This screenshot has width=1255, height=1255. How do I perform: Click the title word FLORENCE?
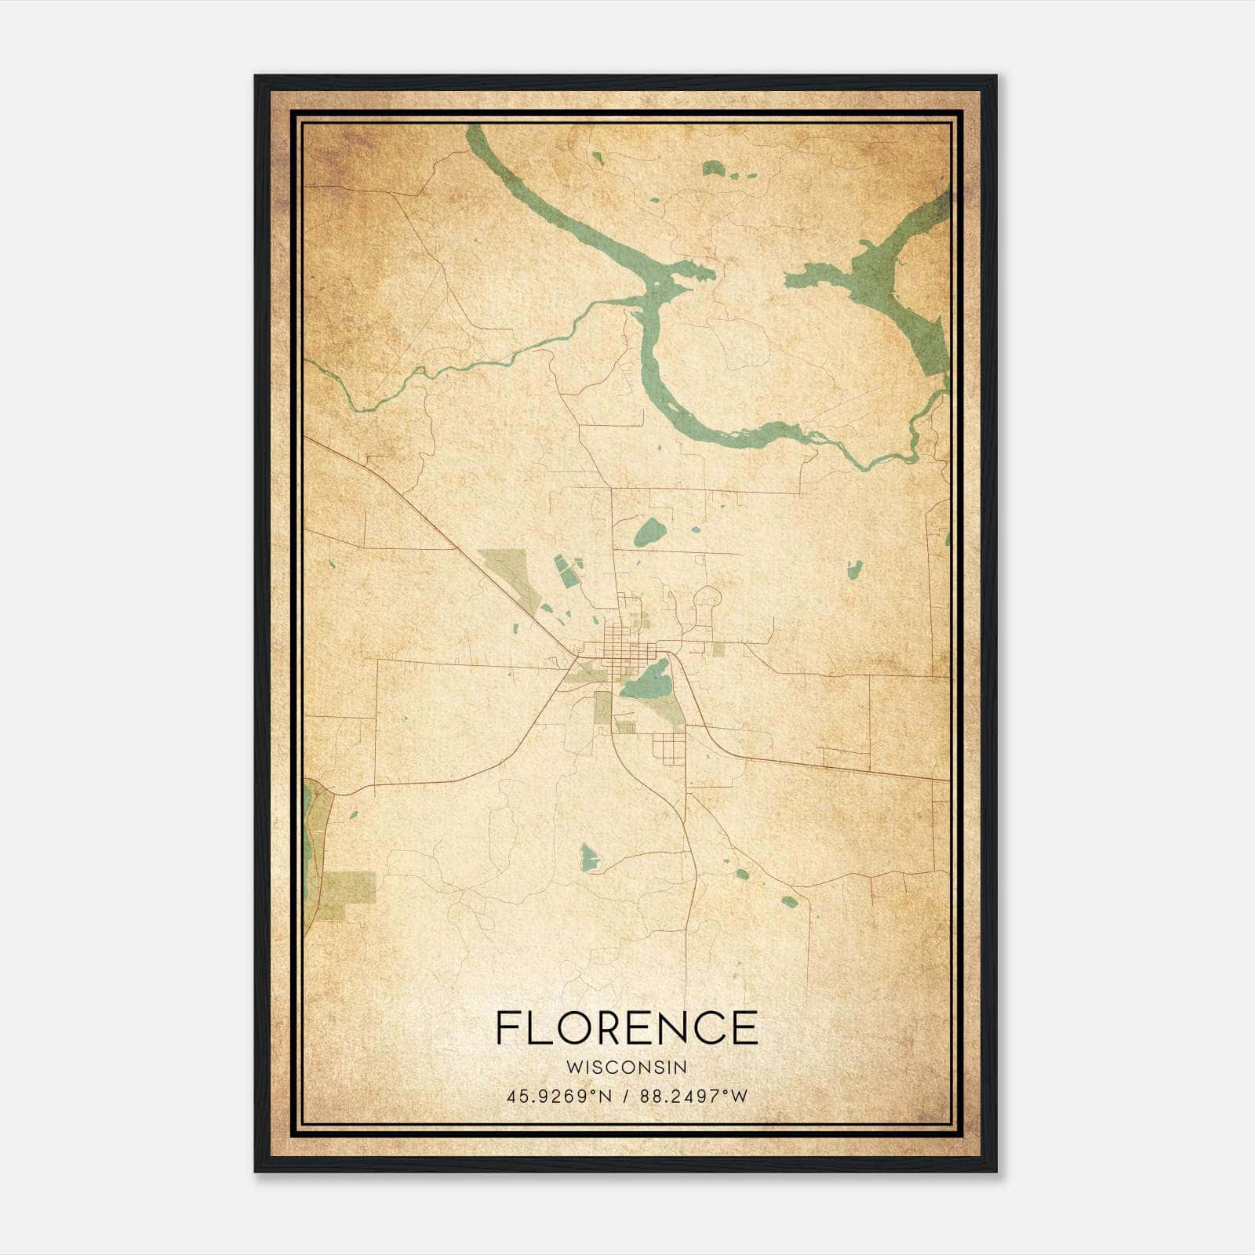[x=627, y=1028]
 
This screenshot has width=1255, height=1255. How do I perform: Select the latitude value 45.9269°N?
[x=558, y=1096]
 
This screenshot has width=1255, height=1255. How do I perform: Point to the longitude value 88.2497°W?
[x=694, y=1096]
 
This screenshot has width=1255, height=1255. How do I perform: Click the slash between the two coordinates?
[x=626, y=1096]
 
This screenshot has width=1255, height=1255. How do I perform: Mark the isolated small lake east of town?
[x=854, y=569]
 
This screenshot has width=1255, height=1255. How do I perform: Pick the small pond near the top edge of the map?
[x=712, y=168]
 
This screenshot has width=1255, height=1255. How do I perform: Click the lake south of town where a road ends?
[x=588, y=857]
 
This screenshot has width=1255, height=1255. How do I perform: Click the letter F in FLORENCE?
[x=507, y=1028]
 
